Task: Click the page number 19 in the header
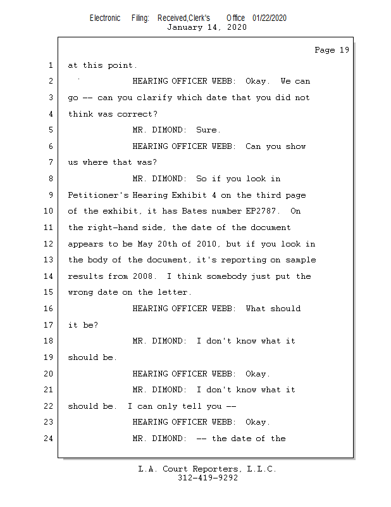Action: (344, 50)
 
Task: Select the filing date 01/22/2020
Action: (270, 18)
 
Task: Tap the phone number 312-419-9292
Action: (208, 478)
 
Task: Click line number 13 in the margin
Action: (48, 260)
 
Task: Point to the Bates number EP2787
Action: (261, 211)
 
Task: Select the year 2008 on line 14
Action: (142, 276)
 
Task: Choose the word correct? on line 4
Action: (137, 114)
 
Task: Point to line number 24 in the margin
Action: (48, 439)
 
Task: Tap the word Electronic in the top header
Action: (105, 18)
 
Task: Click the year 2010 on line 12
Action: (206, 243)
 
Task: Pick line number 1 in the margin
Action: (51, 65)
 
